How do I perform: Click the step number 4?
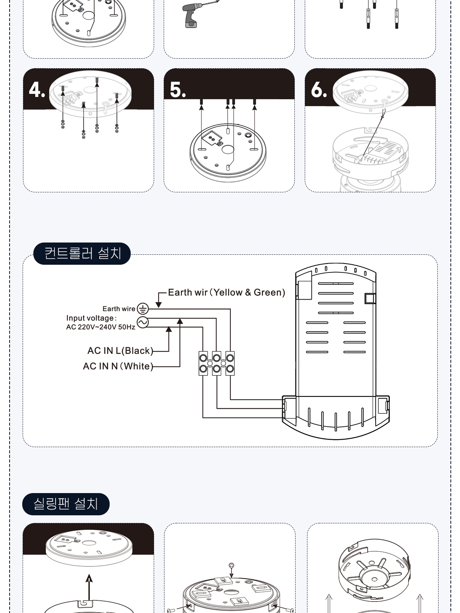point(37,90)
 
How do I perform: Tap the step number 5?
point(177,90)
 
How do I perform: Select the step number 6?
point(319,90)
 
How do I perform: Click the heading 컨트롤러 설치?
point(82,253)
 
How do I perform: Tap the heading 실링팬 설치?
point(66,504)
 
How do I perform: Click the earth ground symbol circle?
point(143,309)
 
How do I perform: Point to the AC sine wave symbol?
point(143,322)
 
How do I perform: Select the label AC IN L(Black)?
point(120,351)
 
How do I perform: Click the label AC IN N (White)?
point(118,366)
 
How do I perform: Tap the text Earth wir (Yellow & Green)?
point(227,292)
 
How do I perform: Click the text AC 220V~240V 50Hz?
point(100,327)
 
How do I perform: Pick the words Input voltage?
point(91,318)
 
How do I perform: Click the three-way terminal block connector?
point(217,363)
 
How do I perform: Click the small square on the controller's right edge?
point(370,298)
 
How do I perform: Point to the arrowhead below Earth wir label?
point(159,305)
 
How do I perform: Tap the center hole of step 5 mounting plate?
point(228,149)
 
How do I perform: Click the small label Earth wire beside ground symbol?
point(119,308)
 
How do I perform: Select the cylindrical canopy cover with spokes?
point(374,570)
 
